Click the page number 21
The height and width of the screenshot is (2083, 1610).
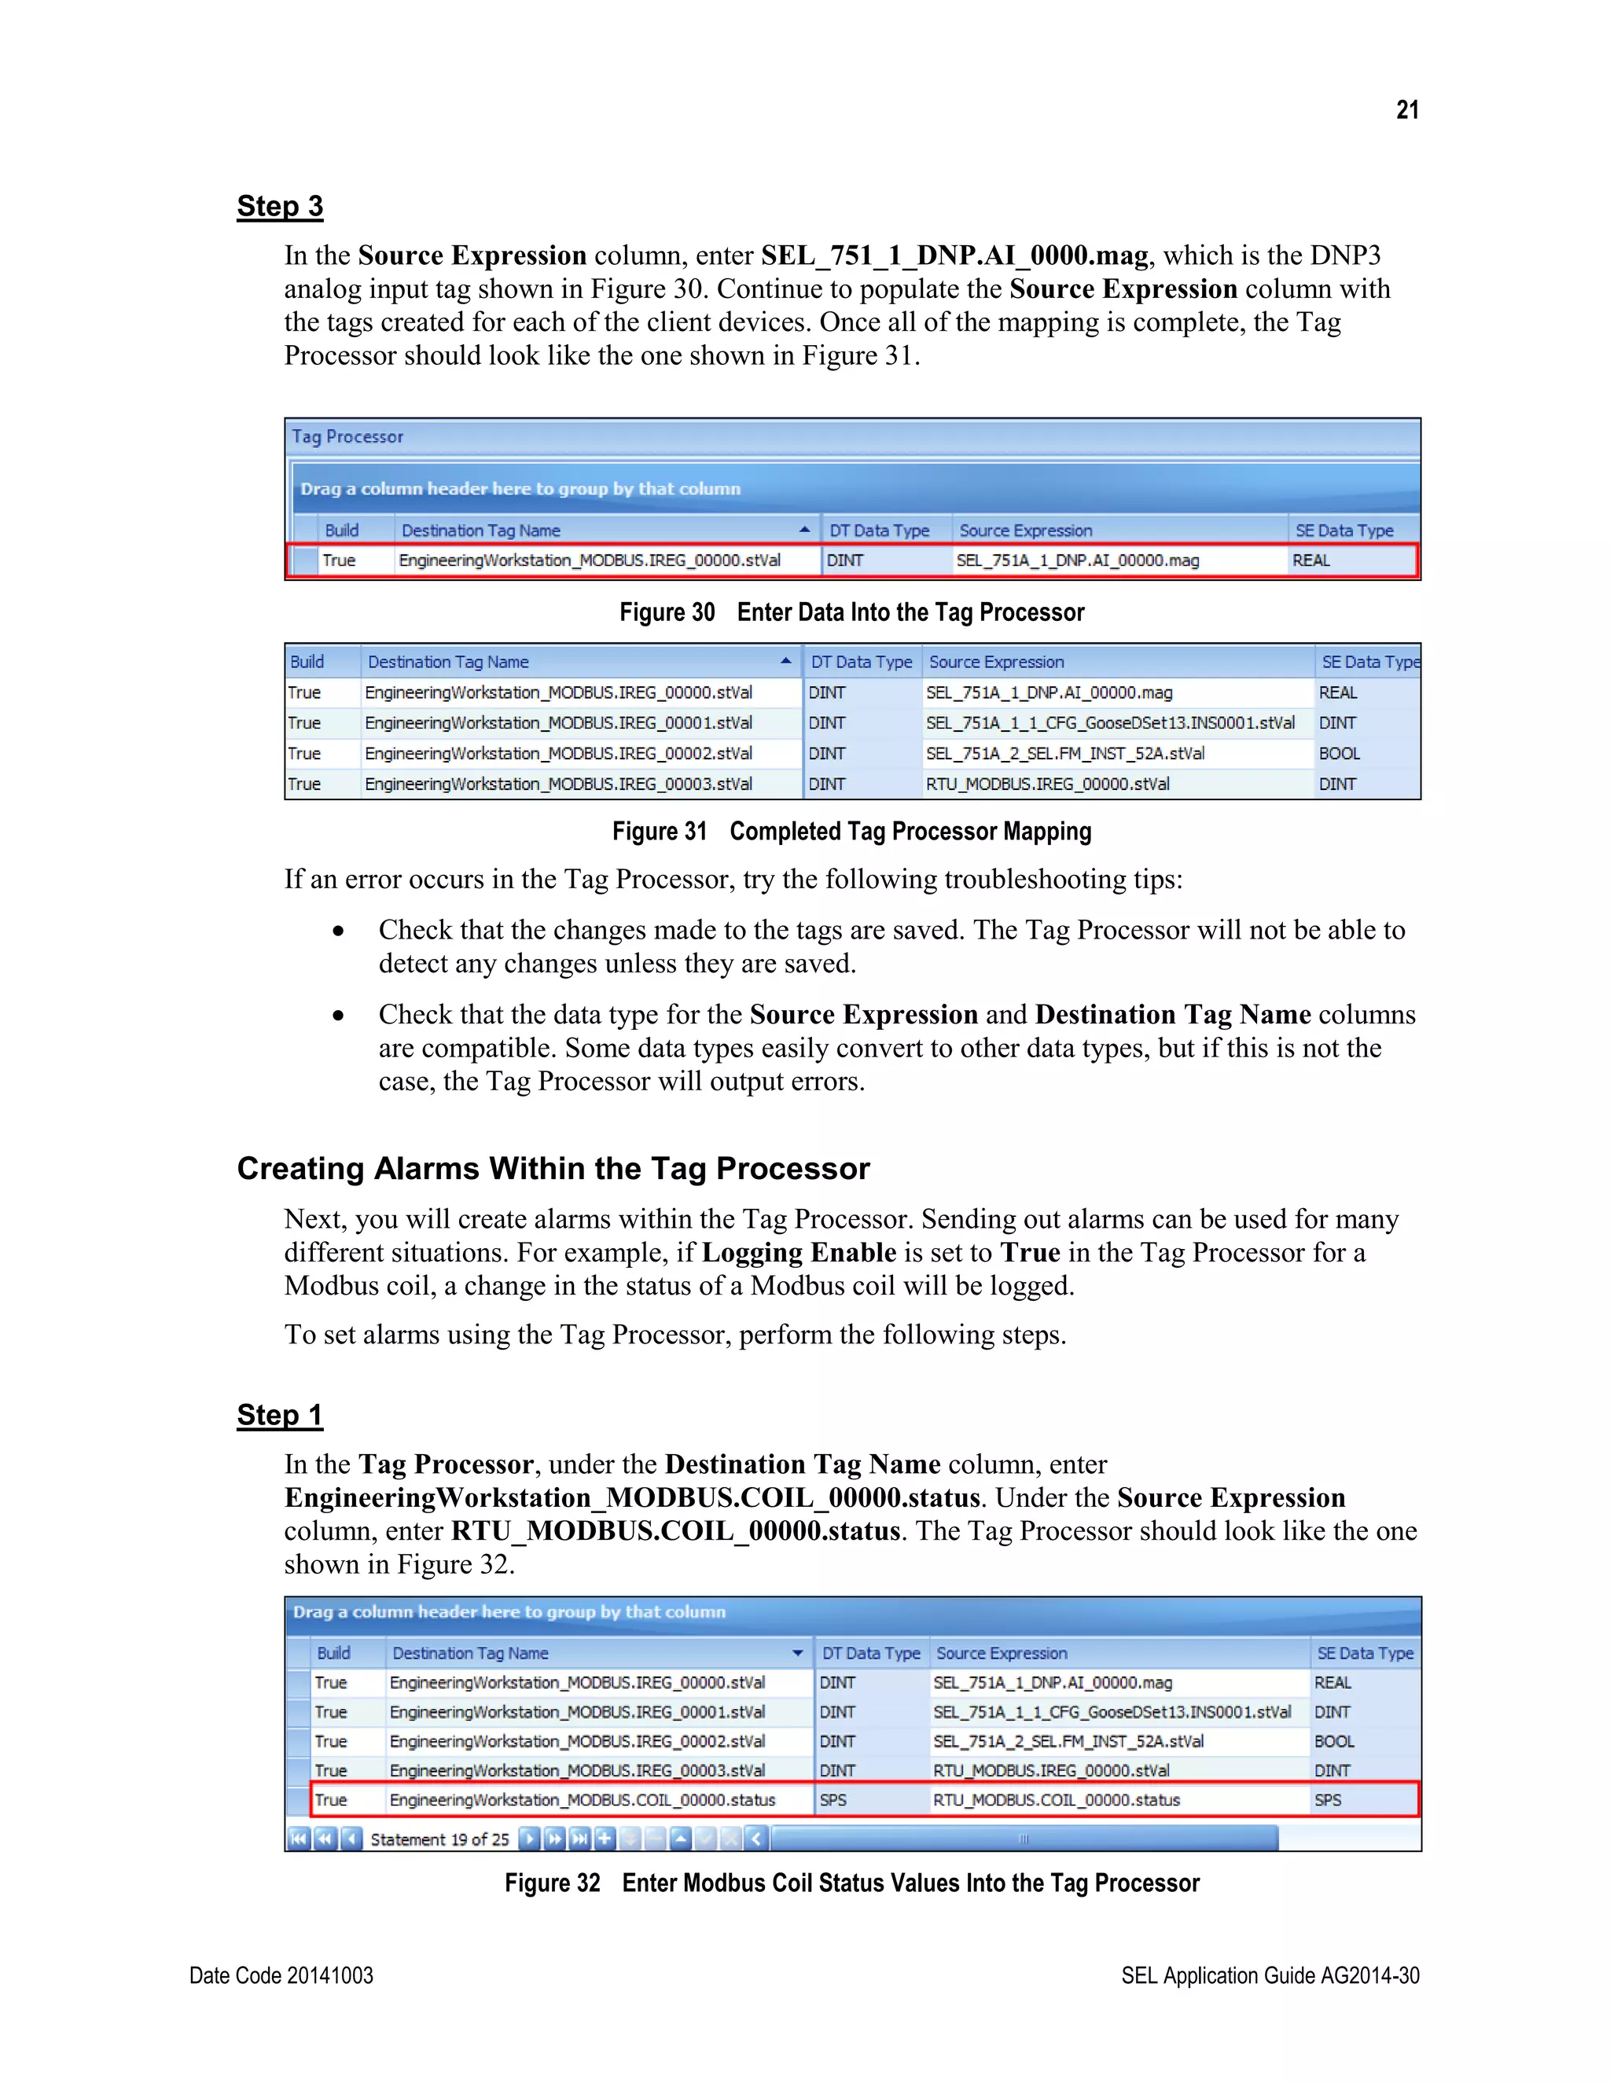(1407, 111)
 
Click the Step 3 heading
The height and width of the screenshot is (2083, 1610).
(279, 207)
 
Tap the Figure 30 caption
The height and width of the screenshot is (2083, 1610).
(851, 612)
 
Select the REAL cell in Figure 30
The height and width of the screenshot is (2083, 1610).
(1311, 560)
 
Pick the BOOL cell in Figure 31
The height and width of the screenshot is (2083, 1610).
(1339, 754)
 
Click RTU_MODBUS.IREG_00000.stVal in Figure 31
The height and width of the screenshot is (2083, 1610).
(1047, 784)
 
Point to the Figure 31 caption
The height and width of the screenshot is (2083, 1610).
(851, 832)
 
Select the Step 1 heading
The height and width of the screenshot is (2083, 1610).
(279, 1416)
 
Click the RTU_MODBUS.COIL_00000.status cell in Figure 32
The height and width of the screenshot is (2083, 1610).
(1056, 1800)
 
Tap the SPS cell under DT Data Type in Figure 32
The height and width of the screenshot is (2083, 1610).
(833, 1800)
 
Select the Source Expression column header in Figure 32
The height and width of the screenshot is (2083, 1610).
(1002, 1653)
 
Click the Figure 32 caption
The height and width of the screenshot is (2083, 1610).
(851, 1883)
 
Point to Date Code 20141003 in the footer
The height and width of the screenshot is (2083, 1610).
(281, 1975)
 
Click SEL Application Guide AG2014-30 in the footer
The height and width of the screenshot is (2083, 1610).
(1270, 1975)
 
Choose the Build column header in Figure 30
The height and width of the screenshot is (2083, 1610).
(341, 531)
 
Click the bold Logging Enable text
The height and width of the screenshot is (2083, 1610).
(799, 1252)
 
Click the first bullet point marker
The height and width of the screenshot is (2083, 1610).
(337, 931)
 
